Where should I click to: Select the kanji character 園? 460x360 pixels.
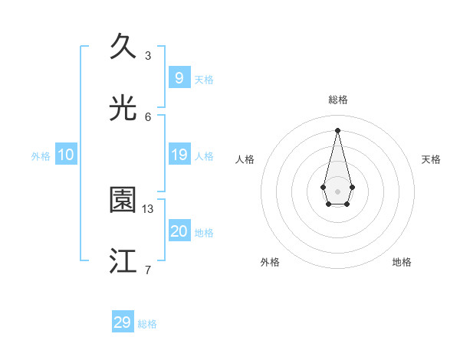pyautogui.click(x=123, y=200)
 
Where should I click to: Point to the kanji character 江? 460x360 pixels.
pyautogui.click(x=123, y=261)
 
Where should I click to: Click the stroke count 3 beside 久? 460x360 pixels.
pyautogui.click(x=148, y=55)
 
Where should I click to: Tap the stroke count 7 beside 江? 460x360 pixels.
pyautogui.click(x=148, y=270)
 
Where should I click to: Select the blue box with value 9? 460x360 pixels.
pyautogui.click(x=179, y=77)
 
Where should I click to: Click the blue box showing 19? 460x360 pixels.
pyautogui.click(x=179, y=155)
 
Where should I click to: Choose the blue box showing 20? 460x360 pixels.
pyautogui.click(x=179, y=231)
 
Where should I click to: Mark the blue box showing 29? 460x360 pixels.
pyautogui.click(x=123, y=322)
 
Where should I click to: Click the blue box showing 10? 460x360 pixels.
pyautogui.click(x=66, y=155)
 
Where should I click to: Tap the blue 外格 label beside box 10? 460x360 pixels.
pyautogui.click(x=41, y=155)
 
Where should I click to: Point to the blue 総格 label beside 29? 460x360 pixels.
pyautogui.click(x=147, y=324)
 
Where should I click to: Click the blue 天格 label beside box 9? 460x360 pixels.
pyautogui.click(x=204, y=79)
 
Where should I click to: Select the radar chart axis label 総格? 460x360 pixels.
pyautogui.click(x=338, y=100)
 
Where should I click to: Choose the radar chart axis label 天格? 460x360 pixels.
pyautogui.click(x=432, y=159)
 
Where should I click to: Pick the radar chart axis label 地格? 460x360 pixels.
pyautogui.click(x=402, y=262)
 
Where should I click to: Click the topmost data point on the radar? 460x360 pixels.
pyautogui.click(x=337, y=129)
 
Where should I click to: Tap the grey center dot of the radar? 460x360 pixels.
pyautogui.click(x=337, y=191)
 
